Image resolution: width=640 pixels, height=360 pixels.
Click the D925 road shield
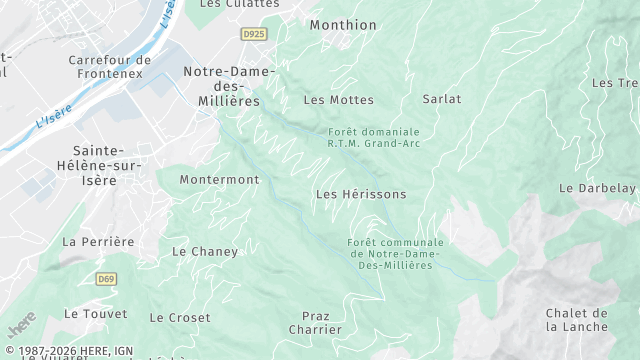(254, 34)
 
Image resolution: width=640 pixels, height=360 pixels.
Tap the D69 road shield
(106, 279)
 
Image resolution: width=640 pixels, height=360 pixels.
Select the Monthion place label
(343, 25)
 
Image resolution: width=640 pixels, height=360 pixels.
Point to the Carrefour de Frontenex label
(110, 66)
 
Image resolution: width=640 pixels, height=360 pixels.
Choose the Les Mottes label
(338, 100)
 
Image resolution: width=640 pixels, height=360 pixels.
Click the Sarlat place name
(442, 99)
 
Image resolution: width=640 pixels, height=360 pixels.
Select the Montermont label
(219, 180)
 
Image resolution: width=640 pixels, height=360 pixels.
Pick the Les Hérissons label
(361, 194)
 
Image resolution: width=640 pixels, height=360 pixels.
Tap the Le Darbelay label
(597, 188)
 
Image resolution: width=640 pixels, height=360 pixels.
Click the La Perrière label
(98, 242)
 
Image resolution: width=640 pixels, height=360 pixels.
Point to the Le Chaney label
(205, 252)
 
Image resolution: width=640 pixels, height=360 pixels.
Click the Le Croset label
(180, 318)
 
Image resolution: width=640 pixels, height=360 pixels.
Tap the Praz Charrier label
(315, 322)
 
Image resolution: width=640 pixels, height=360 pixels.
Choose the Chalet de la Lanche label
(577, 320)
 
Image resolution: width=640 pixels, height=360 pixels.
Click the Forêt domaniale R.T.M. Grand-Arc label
(374, 138)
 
